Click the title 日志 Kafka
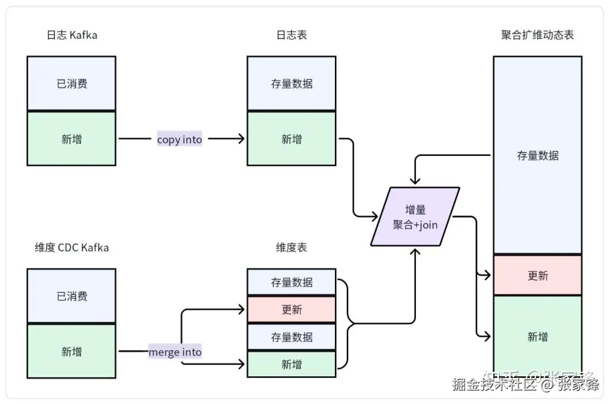click(71, 35)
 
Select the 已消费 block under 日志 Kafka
click(71, 84)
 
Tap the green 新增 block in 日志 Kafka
click(71, 138)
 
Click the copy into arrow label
click(179, 139)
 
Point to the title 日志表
click(291, 35)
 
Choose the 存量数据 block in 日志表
click(291, 84)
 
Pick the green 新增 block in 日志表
click(291, 139)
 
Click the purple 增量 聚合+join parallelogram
click(415, 217)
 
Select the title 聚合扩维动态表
click(537, 35)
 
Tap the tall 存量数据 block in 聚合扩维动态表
click(537, 155)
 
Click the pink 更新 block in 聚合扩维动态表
click(537, 276)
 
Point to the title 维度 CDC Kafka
click(71, 247)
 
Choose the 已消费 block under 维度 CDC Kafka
click(71, 296)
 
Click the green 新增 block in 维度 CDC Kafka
click(71, 351)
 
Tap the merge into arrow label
click(175, 351)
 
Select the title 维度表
click(291, 247)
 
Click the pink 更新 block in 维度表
click(291, 310)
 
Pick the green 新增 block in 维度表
click(291, 364)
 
